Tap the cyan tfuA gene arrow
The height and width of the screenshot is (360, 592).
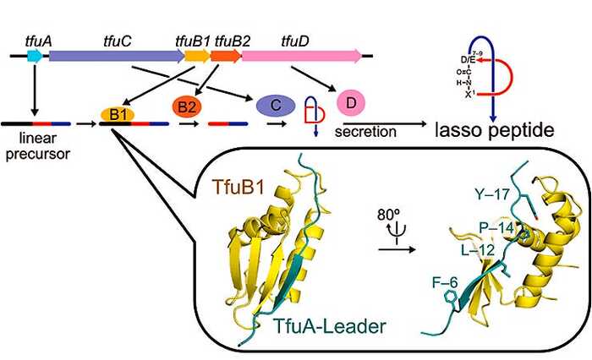point(35,56)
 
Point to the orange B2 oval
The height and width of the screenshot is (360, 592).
point(184,107)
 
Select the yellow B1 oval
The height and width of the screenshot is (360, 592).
point(116,113)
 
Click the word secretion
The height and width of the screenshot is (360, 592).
point(365,132)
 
